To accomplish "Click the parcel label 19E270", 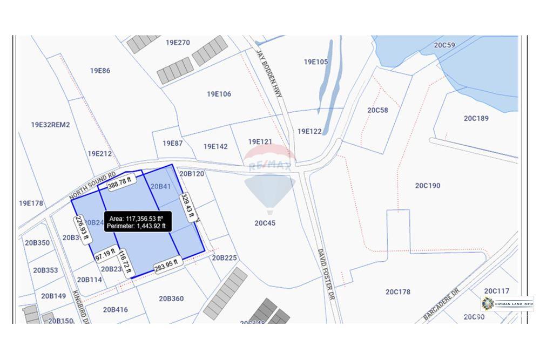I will (x=178, y=43).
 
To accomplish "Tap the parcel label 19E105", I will (x=315, y=62).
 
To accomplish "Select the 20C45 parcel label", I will (x=265, y=223).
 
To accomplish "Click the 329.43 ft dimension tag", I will (x=187, y=207).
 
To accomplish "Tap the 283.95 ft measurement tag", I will (x=166, y=267).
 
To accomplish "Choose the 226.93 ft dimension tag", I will (x=81, y=229).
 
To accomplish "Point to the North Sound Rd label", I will (x=92, y=186).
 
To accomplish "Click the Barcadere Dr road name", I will (x=441, y=304).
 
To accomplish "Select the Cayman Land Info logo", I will (x=507, y=304).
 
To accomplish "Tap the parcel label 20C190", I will (x=427, y=186).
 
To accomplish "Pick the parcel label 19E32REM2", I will (x=51, y=125).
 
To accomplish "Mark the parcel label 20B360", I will (x=171, y=298).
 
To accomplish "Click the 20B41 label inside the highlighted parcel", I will (x=160, y=187).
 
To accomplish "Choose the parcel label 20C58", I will (x=377, y=110).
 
